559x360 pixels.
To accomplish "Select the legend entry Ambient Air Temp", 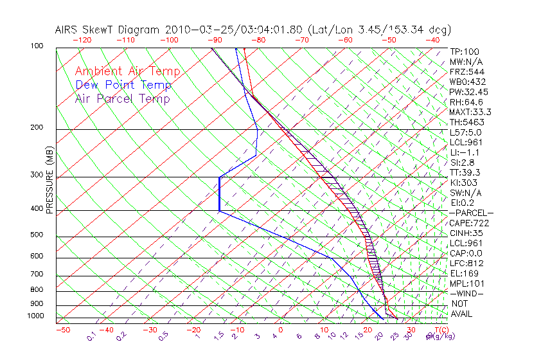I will point(127,71).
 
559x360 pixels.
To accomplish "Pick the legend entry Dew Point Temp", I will point(123,85).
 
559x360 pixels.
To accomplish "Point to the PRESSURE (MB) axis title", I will point(49,180).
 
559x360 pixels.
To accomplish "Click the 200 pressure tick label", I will point(37,127).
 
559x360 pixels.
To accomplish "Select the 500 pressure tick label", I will point(37,235).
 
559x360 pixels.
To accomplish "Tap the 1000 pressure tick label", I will point(36,316).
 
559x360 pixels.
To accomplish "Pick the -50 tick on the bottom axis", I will point(62,330).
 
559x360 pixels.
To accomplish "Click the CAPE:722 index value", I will point(469,223).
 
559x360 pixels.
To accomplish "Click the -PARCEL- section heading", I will point(471,213).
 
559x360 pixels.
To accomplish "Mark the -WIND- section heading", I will point(467,293).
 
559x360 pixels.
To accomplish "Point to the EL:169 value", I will point(465,273).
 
